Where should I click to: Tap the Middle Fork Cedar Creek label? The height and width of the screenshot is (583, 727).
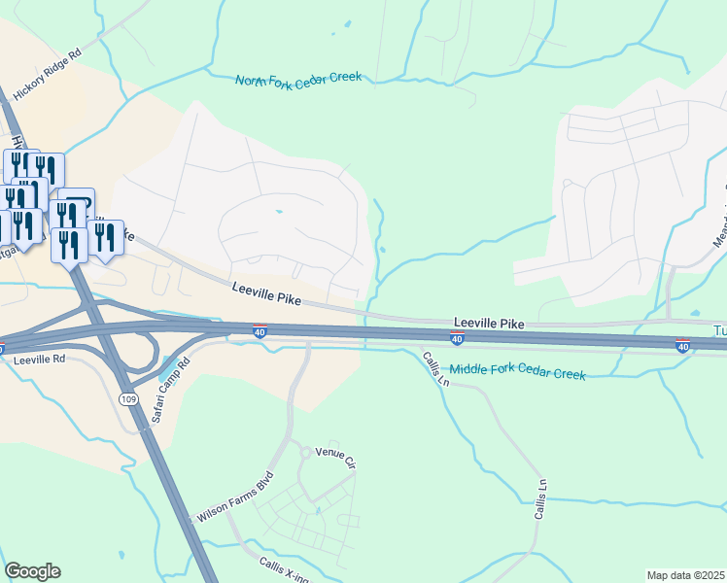pos(517,370)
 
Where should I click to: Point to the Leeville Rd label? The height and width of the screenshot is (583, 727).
pos(39,359)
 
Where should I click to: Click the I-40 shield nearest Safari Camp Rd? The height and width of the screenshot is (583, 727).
pos(260,330)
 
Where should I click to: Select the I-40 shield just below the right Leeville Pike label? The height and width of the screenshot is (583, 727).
pos(456,337)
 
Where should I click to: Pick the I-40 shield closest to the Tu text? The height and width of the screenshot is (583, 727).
pos(683,345)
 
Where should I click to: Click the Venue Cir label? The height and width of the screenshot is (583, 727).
pos(336,455)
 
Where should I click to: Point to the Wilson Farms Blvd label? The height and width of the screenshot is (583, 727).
pos(237,498)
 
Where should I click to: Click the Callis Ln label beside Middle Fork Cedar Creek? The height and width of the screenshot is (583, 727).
pos(435,369)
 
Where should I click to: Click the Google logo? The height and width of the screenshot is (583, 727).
pos(32,571)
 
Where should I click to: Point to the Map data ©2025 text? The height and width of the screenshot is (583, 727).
pos(685,575)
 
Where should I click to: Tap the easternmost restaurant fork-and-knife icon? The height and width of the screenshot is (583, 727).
pos(106,238)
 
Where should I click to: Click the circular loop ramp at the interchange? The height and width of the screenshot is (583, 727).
pos(143,352)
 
